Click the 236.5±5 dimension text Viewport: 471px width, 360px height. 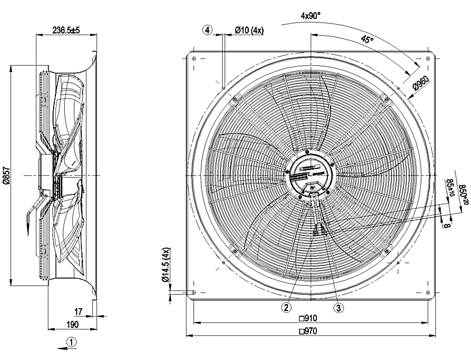(x=65, y=29)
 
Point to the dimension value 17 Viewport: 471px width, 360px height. (x=79, y=312)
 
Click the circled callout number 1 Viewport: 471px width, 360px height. (x=72, y=341)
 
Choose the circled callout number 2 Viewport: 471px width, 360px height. (x=286, y=307)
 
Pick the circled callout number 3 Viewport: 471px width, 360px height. (x=338, y=307)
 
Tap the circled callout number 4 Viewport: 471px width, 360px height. (x=208, y=30)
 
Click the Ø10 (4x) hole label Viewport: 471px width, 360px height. (x=249, y=30)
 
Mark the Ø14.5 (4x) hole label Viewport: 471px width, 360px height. (x=166, y=267)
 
